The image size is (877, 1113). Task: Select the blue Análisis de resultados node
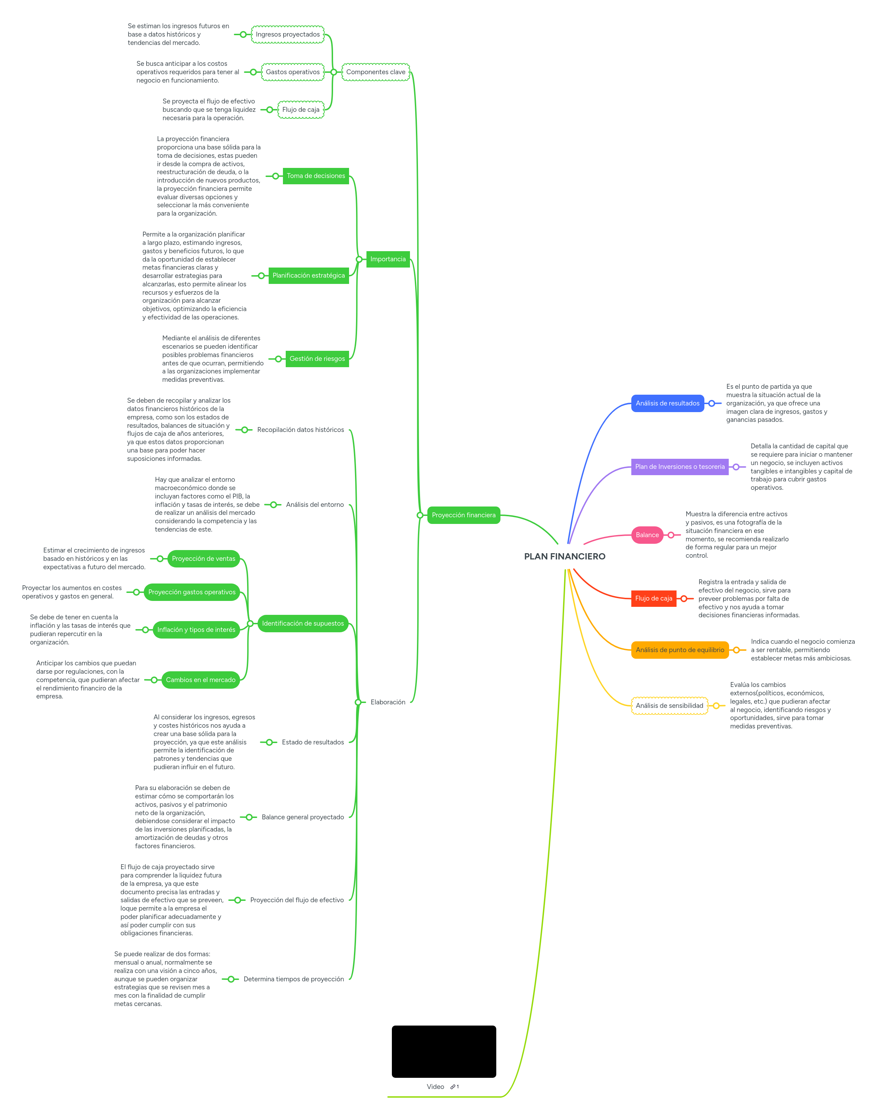click(667, 403)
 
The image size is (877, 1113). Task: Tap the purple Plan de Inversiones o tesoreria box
click(679, 466)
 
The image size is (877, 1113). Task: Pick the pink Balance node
click(647, 535)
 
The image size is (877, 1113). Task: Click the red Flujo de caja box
click(653, 598)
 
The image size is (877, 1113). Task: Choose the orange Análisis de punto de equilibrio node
click(679, 650)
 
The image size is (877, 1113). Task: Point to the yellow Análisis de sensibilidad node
click(669, 705)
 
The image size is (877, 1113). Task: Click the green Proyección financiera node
click(463, 515)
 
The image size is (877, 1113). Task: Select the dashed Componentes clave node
click(376, 72)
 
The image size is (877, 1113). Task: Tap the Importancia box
click(388, 259)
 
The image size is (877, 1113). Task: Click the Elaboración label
click(388, 702)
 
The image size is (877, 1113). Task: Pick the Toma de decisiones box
click(316, 176)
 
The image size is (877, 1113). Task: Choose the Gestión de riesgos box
click(317, 359)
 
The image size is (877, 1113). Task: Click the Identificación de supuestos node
click(302, 623)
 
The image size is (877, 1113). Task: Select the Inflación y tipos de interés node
click(196, 629)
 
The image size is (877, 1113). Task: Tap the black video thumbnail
click(444, 1051)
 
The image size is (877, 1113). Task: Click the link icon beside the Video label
click(453, 1087)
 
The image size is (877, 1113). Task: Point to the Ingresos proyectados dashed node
click(287, 34)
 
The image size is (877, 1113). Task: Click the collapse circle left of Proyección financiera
click(420, 515)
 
